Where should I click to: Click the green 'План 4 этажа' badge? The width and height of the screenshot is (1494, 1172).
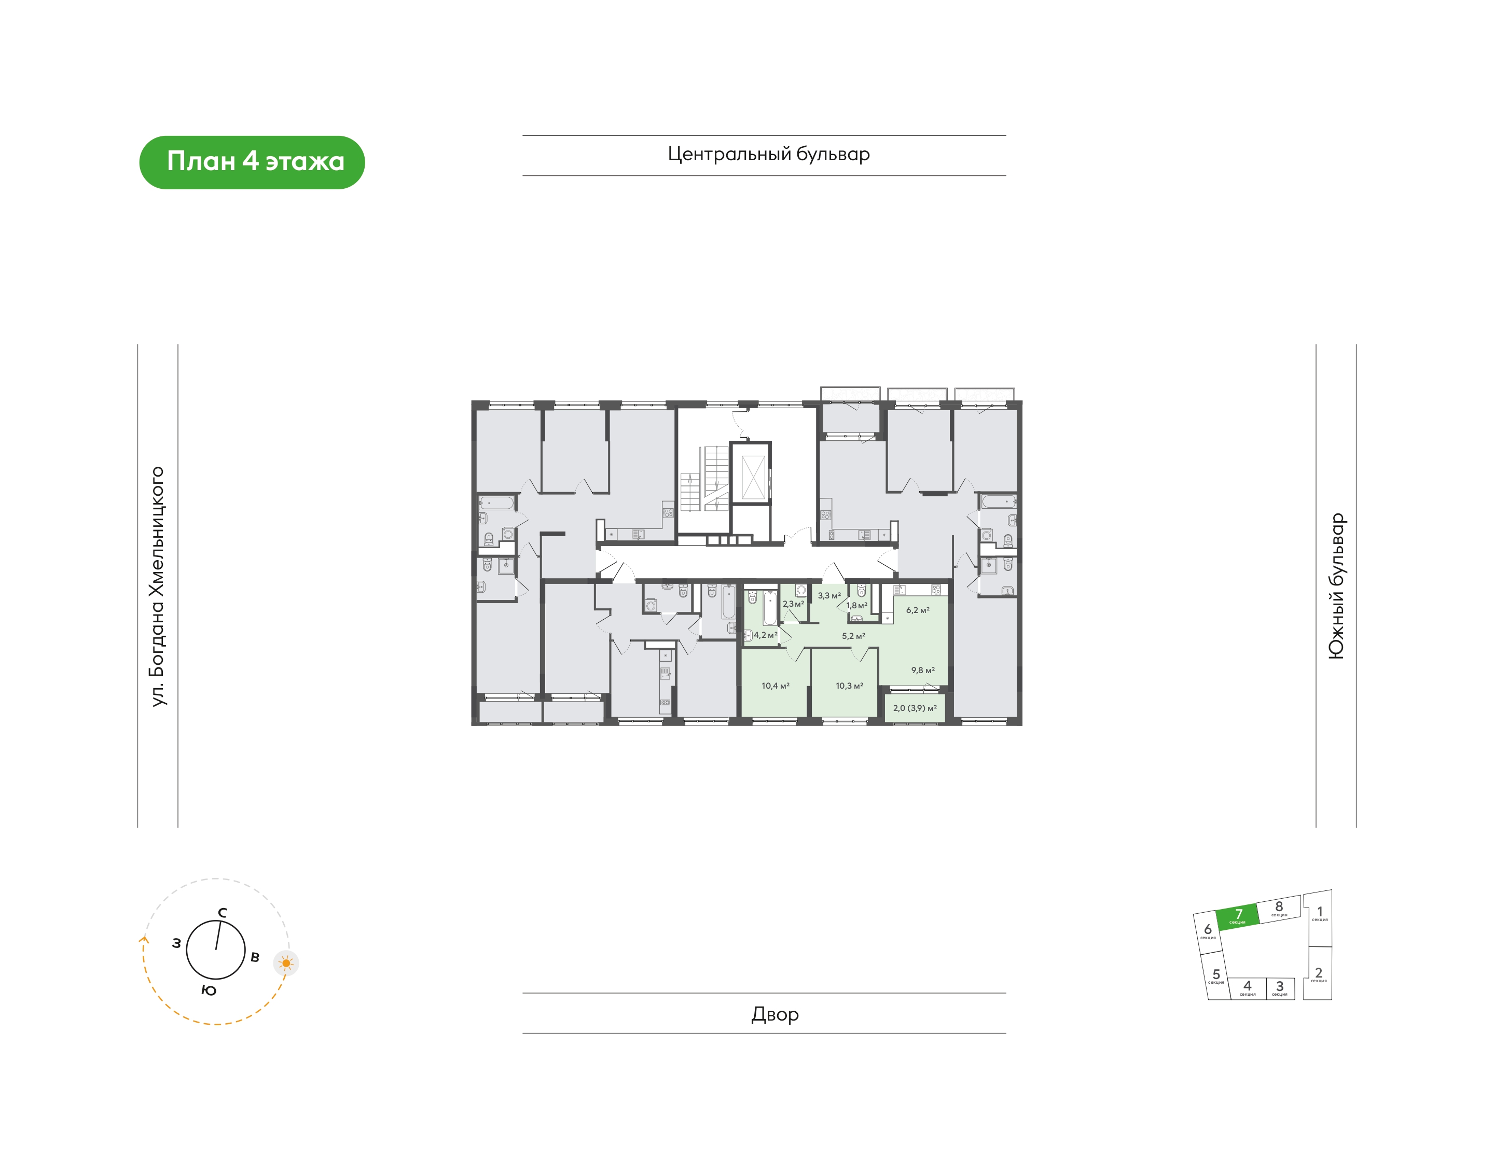click(252, 162)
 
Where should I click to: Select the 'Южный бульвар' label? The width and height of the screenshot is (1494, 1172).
click(1336, 586)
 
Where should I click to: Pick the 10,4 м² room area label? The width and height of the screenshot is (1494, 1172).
click(776, 686)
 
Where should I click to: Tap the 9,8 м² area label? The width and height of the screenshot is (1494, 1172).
click(923, 669)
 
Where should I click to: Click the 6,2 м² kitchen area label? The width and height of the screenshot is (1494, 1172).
click(918, 609)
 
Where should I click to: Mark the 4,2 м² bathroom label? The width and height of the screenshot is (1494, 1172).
click(766, 635)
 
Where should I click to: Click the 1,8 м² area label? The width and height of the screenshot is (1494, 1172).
click(856, 605)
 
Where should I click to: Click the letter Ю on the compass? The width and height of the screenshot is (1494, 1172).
click(209, 990)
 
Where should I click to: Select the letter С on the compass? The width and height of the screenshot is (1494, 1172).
click(223, 913)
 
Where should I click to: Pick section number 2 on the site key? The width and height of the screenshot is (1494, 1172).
click(1318, 972)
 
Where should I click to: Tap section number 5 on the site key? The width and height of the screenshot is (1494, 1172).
click(1216, 974)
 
